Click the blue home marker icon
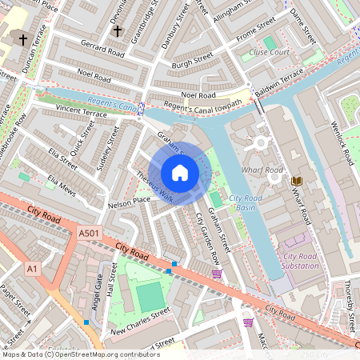[180, 173]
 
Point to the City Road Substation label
[306, 261]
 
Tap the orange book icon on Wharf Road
[296, 182]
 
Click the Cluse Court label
[269, 52]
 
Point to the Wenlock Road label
[342, 142]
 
